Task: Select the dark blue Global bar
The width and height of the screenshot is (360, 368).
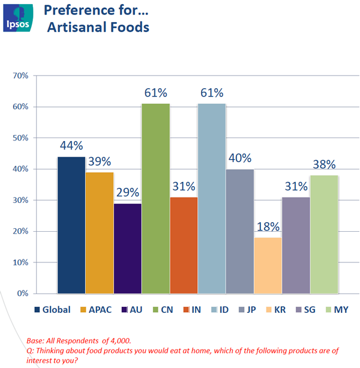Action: tap(71, 225)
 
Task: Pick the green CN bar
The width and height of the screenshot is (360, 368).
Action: tap(155, 198)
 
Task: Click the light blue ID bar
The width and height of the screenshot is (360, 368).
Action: tap(212, 198)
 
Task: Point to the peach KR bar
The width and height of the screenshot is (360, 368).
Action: tap(268, 265)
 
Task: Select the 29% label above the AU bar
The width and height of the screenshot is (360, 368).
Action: tap(127, 193)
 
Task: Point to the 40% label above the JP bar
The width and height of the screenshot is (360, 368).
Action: tap(239, 158)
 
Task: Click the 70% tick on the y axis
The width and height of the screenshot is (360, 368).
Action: tap(38, 76)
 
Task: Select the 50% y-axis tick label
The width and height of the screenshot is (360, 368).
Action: tap(38, 138)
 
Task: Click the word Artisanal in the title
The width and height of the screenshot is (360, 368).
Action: tap(75, 27)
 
